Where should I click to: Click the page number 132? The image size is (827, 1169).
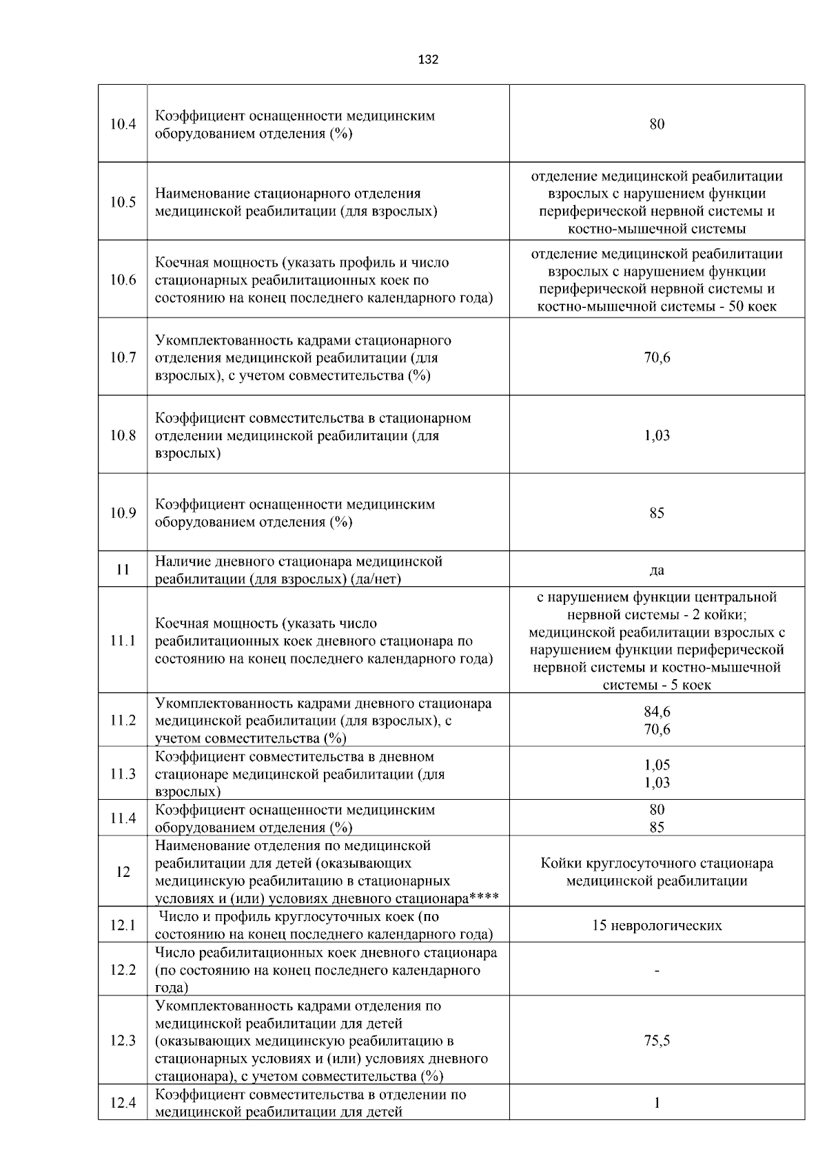click(428, 60)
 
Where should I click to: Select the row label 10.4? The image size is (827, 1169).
click(123, 125)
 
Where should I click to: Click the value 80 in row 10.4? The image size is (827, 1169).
click(657, 124)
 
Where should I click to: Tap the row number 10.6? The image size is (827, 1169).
click(123, 280)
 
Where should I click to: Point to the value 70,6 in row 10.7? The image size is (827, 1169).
click(657, 358)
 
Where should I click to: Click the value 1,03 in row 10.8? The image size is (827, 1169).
click(657, 435)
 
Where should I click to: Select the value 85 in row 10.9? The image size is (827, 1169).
click(657, 513)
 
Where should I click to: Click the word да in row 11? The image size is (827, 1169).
click(657, 570)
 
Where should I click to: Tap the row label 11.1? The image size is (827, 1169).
click(123, 641)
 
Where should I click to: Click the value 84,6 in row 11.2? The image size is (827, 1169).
click(657, 712)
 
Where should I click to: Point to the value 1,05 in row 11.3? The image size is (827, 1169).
click(657, 765)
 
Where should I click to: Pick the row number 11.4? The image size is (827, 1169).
click(123, 818)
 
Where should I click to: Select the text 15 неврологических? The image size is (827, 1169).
click(657, 925)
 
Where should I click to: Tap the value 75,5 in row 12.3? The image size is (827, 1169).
click(657, 1041)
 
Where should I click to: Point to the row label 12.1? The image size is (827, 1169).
click(123, 925)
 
